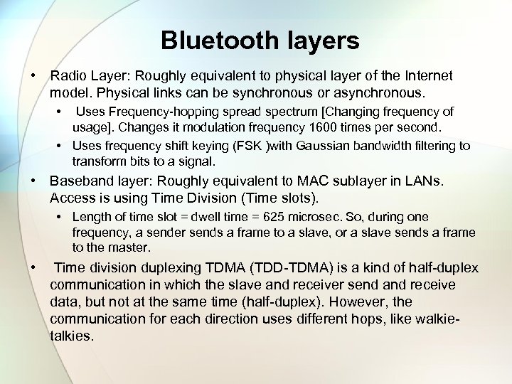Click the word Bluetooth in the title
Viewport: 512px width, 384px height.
click(210, 41)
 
